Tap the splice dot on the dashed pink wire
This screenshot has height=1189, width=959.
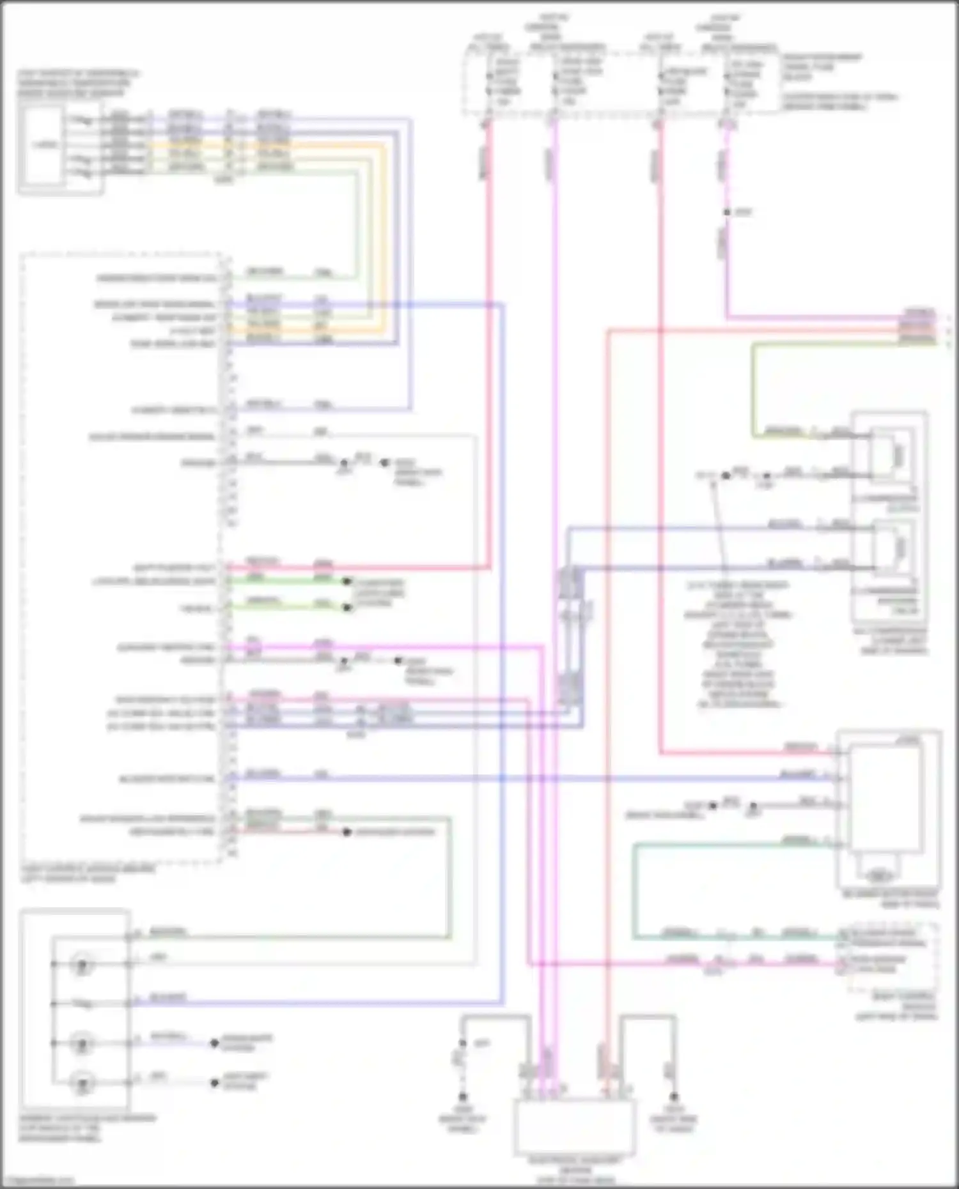tap(727, 212)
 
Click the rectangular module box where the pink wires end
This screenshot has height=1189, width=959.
tap(574, 1124)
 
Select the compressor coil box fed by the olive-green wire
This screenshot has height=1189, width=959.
tap(893, 455)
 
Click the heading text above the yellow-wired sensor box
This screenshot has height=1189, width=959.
tap(77, 83)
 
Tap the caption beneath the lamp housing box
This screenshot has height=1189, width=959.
tap(86, 1128)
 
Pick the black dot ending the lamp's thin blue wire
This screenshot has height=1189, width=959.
tap(215, 1043)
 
